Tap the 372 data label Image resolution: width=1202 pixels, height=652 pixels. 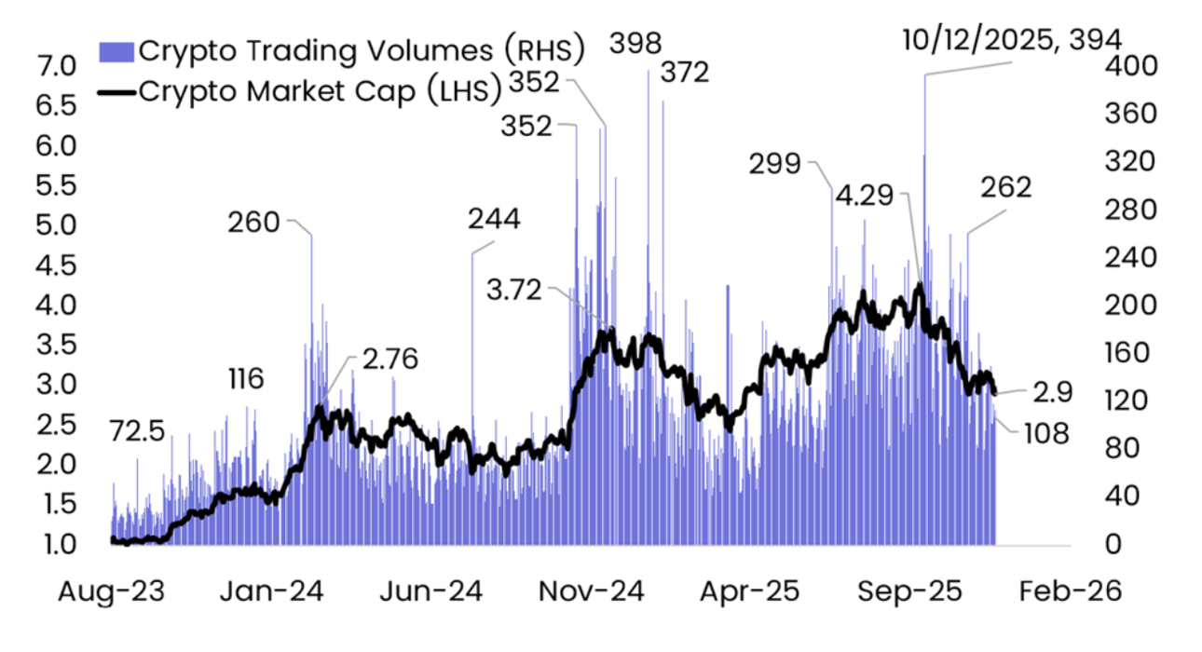(x=685, y=72)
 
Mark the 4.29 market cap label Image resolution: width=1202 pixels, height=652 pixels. (x=864, y=197)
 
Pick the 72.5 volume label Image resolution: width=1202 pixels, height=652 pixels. (x=137, y=431)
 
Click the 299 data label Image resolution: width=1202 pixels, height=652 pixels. (x=774, y=165)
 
